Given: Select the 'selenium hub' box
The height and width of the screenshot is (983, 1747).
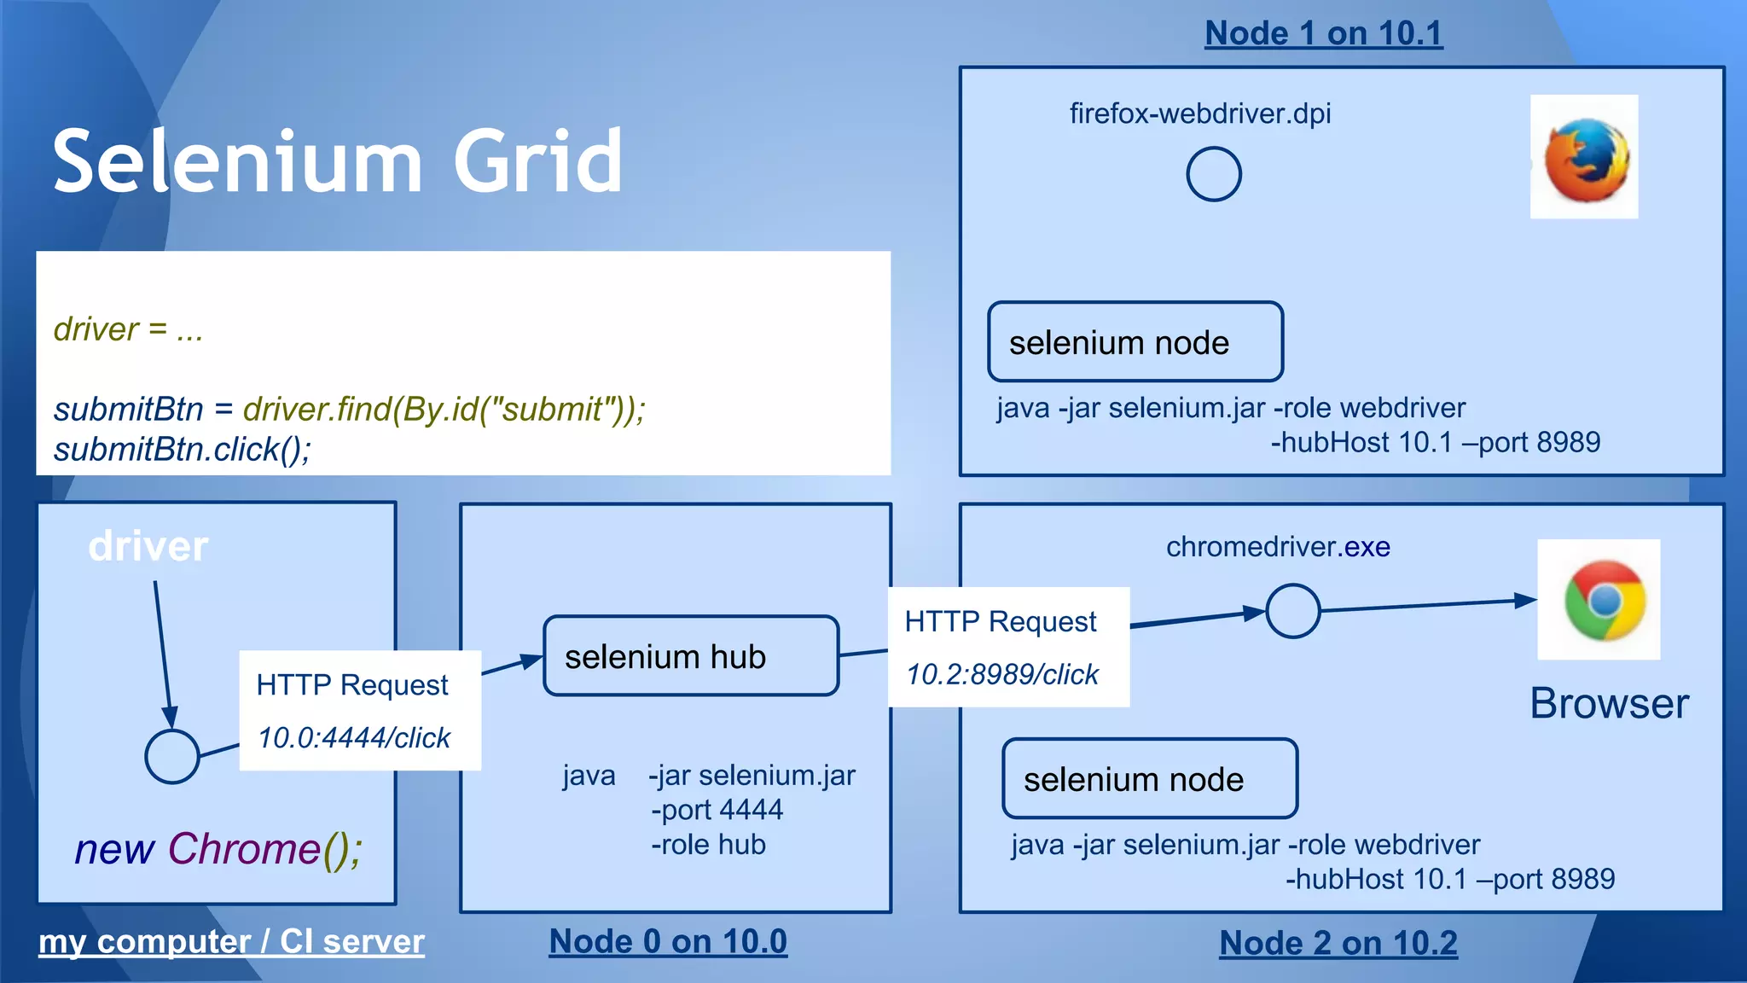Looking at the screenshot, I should [691, 656].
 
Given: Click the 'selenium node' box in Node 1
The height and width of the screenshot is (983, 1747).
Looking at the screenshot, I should [1135, 342].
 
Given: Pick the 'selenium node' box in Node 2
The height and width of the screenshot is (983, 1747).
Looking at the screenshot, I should [1149, 779].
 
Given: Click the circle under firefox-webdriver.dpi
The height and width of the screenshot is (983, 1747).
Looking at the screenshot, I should [1213, 174].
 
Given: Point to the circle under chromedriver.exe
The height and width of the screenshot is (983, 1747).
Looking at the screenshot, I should [1292, 611].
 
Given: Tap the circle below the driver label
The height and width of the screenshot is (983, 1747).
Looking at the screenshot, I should [171, 756].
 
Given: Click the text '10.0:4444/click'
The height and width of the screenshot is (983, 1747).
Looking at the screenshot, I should [354, 737].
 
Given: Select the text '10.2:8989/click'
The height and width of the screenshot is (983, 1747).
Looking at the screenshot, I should [1002, 674].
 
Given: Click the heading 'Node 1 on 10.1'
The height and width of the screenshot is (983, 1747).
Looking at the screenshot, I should [1323, 33].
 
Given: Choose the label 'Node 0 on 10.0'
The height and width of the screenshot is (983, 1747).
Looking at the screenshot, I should [668, 941].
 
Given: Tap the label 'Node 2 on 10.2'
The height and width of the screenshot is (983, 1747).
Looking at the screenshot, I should [1338, 943].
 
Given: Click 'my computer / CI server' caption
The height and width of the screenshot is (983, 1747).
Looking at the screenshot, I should [231, 941].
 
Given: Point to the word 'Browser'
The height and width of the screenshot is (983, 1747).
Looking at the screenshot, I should [1609, 704].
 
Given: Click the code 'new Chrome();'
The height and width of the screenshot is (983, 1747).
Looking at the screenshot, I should [218, 849].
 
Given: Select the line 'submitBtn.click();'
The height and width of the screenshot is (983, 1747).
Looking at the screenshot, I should [183, 449].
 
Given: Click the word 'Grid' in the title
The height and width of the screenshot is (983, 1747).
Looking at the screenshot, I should [537, 160].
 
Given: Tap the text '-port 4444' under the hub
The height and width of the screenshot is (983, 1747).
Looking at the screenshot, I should [717, 809].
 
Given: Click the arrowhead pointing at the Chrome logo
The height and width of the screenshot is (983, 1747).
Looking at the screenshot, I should [1525, 600].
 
